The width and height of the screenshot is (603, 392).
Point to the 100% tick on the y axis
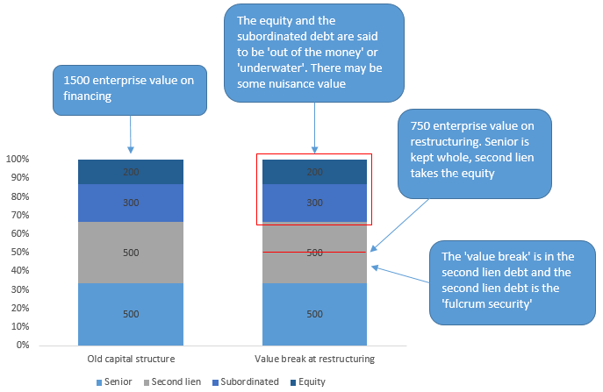(17, 160)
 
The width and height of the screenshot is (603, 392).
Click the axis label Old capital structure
(131, 359)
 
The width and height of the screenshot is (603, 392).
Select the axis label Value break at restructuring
(314, 359)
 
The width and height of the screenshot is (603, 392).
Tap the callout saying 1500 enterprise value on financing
(129, 90)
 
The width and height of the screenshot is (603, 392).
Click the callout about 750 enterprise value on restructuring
(475, 153)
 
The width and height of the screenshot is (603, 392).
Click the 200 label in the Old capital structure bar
(131, 173)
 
